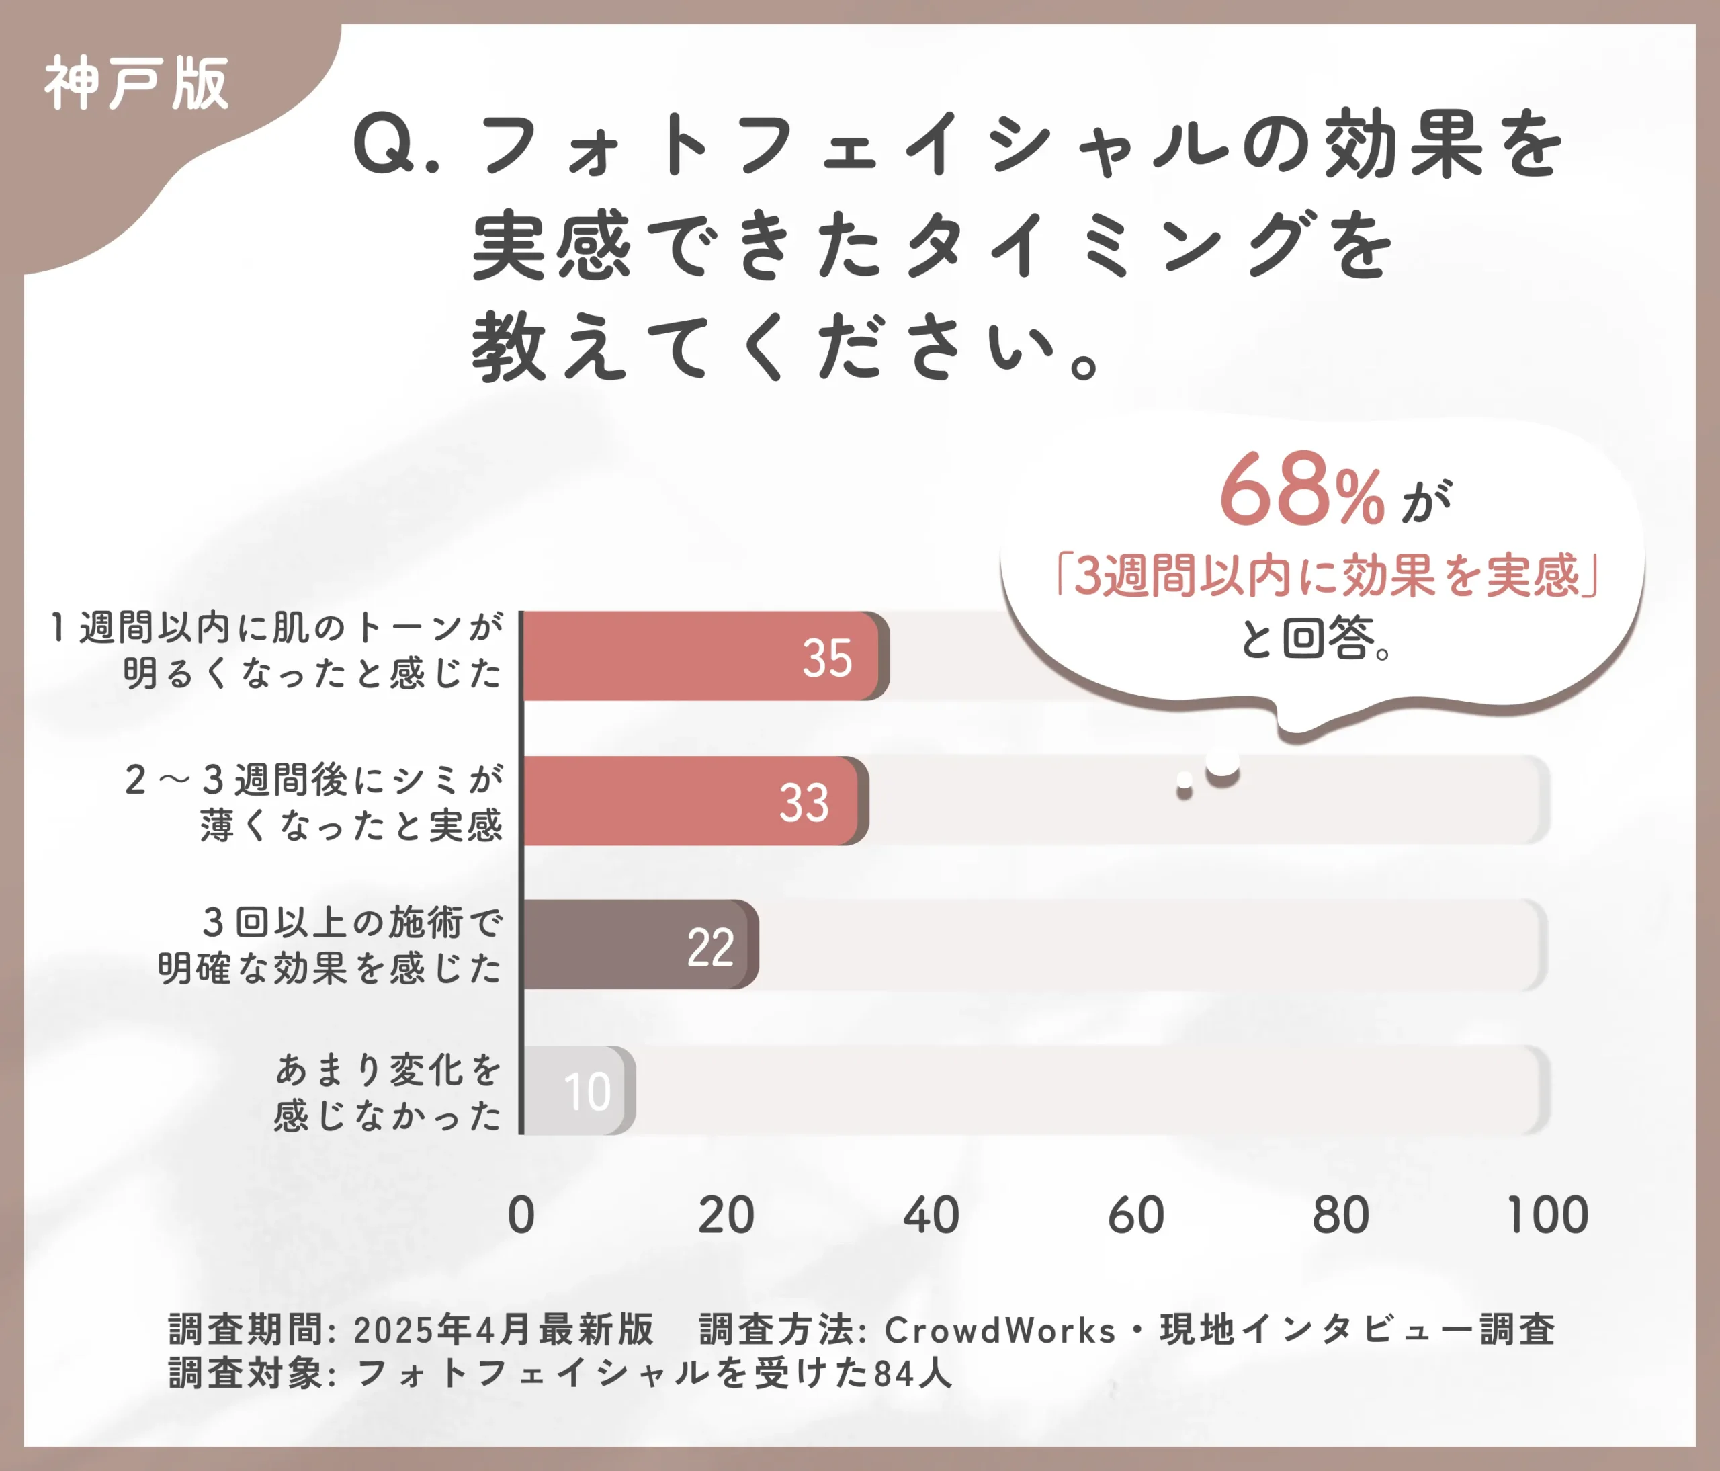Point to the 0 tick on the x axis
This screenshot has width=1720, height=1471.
click(x=521, y=1216)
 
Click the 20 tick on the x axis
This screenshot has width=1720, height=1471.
click(x=726, y=1216)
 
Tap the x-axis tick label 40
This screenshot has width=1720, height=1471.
click(x=931, y=1216)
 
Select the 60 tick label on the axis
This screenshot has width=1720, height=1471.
click(x=1136, y=1216)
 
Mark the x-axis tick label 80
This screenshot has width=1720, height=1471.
click(x=1340, y=1216)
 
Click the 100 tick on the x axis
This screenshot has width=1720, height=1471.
click(x=1547, y=1216)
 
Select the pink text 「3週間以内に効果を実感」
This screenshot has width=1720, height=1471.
click(x=1326, y=575)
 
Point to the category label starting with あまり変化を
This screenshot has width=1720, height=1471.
click(x=388, y=1091)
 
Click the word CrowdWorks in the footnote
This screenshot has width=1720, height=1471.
click(x=1000, y=1330)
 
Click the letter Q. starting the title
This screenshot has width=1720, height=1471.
click(x=395, y=146)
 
